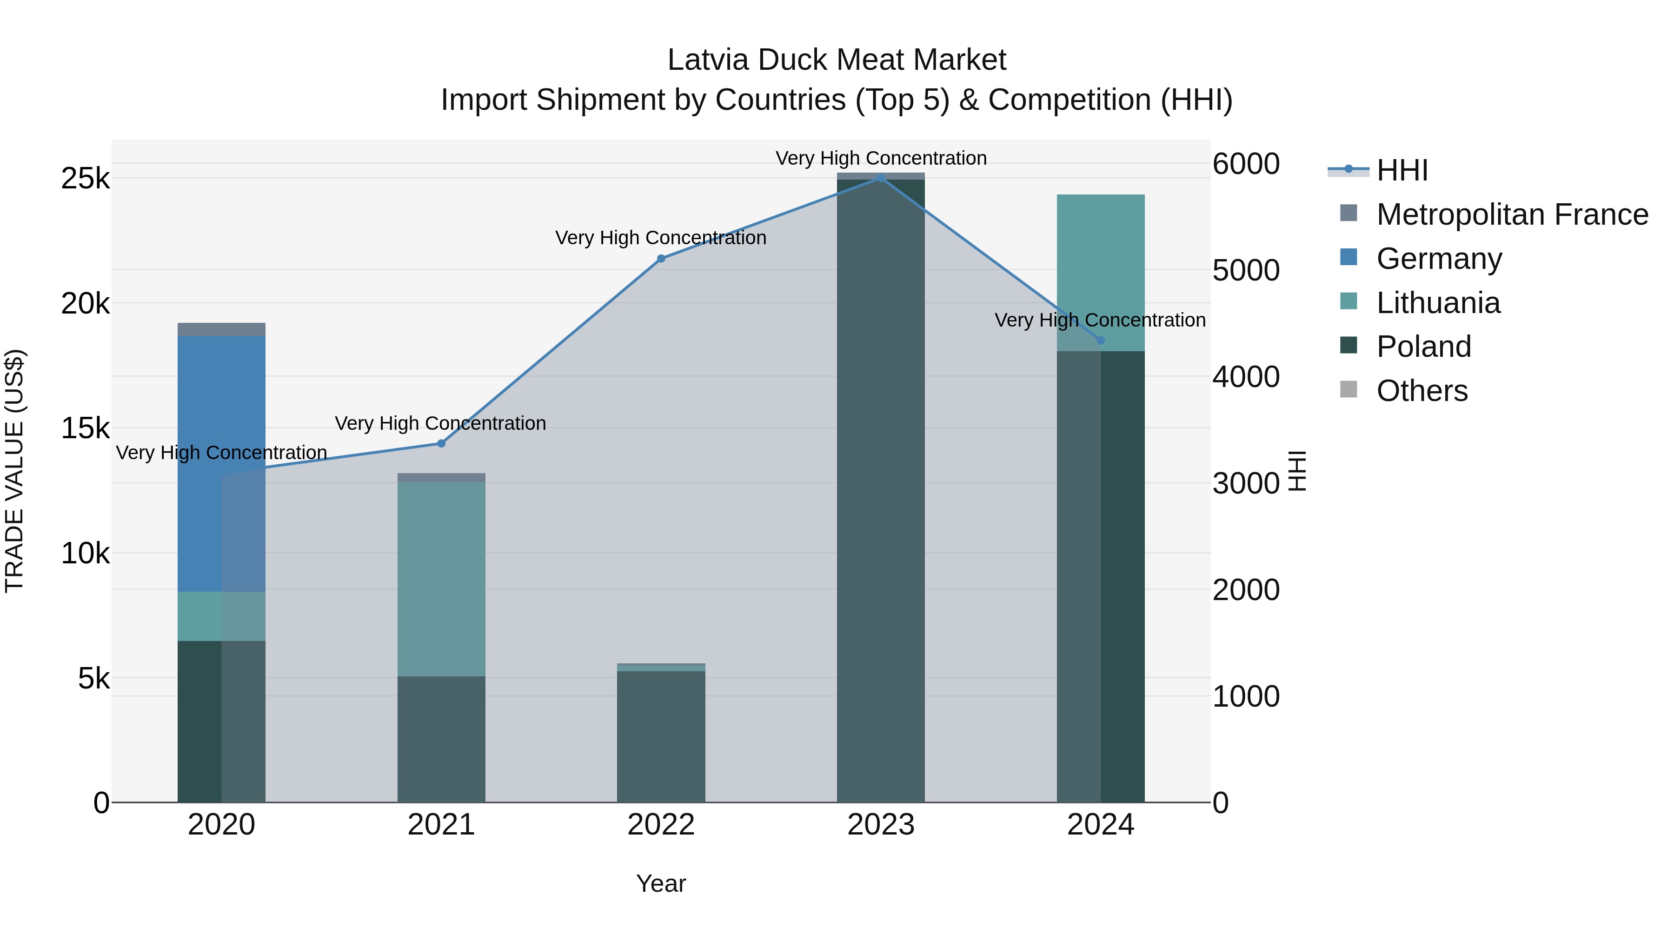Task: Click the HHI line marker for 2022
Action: (661, 259)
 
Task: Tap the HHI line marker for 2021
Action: (441, 443)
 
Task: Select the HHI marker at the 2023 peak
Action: (881, 178)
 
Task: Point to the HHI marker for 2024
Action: (1100, 340)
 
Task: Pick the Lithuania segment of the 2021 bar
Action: (441, 579)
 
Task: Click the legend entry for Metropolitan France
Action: (1512, 214)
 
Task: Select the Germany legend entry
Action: (1439, 259)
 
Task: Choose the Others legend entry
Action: (1422, 391)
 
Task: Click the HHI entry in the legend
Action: (1402, 170)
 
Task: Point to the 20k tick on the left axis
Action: (85, 304)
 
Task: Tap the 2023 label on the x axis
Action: (881, 825)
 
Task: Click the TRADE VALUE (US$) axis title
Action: (14, 471)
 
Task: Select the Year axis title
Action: (661, 883)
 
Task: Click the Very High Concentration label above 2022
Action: (661, 238)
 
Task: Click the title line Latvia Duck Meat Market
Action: (837, 60)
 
